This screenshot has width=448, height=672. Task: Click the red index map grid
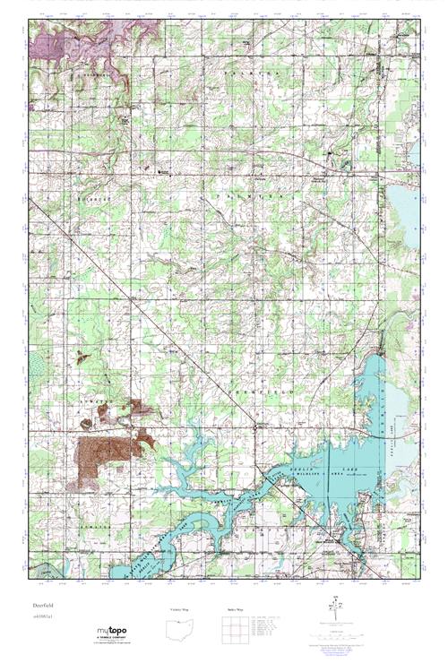point(231,629)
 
